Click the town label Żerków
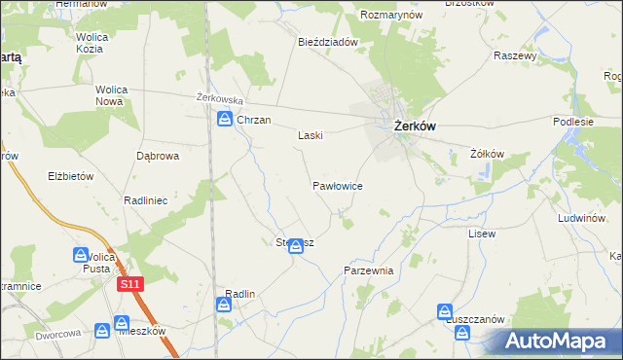(x=415, y=126)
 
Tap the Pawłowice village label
(x=338, y=184)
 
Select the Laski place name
(x=310, y=136)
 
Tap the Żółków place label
(x=487, y=154)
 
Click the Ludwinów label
(x=583, y=219)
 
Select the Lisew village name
(x=482, y=234)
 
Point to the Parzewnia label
(x=368, y=271)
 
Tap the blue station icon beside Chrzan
(x=223, y=120)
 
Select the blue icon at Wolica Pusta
(x=81, y=255)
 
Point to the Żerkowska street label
(x=219, y=99)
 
